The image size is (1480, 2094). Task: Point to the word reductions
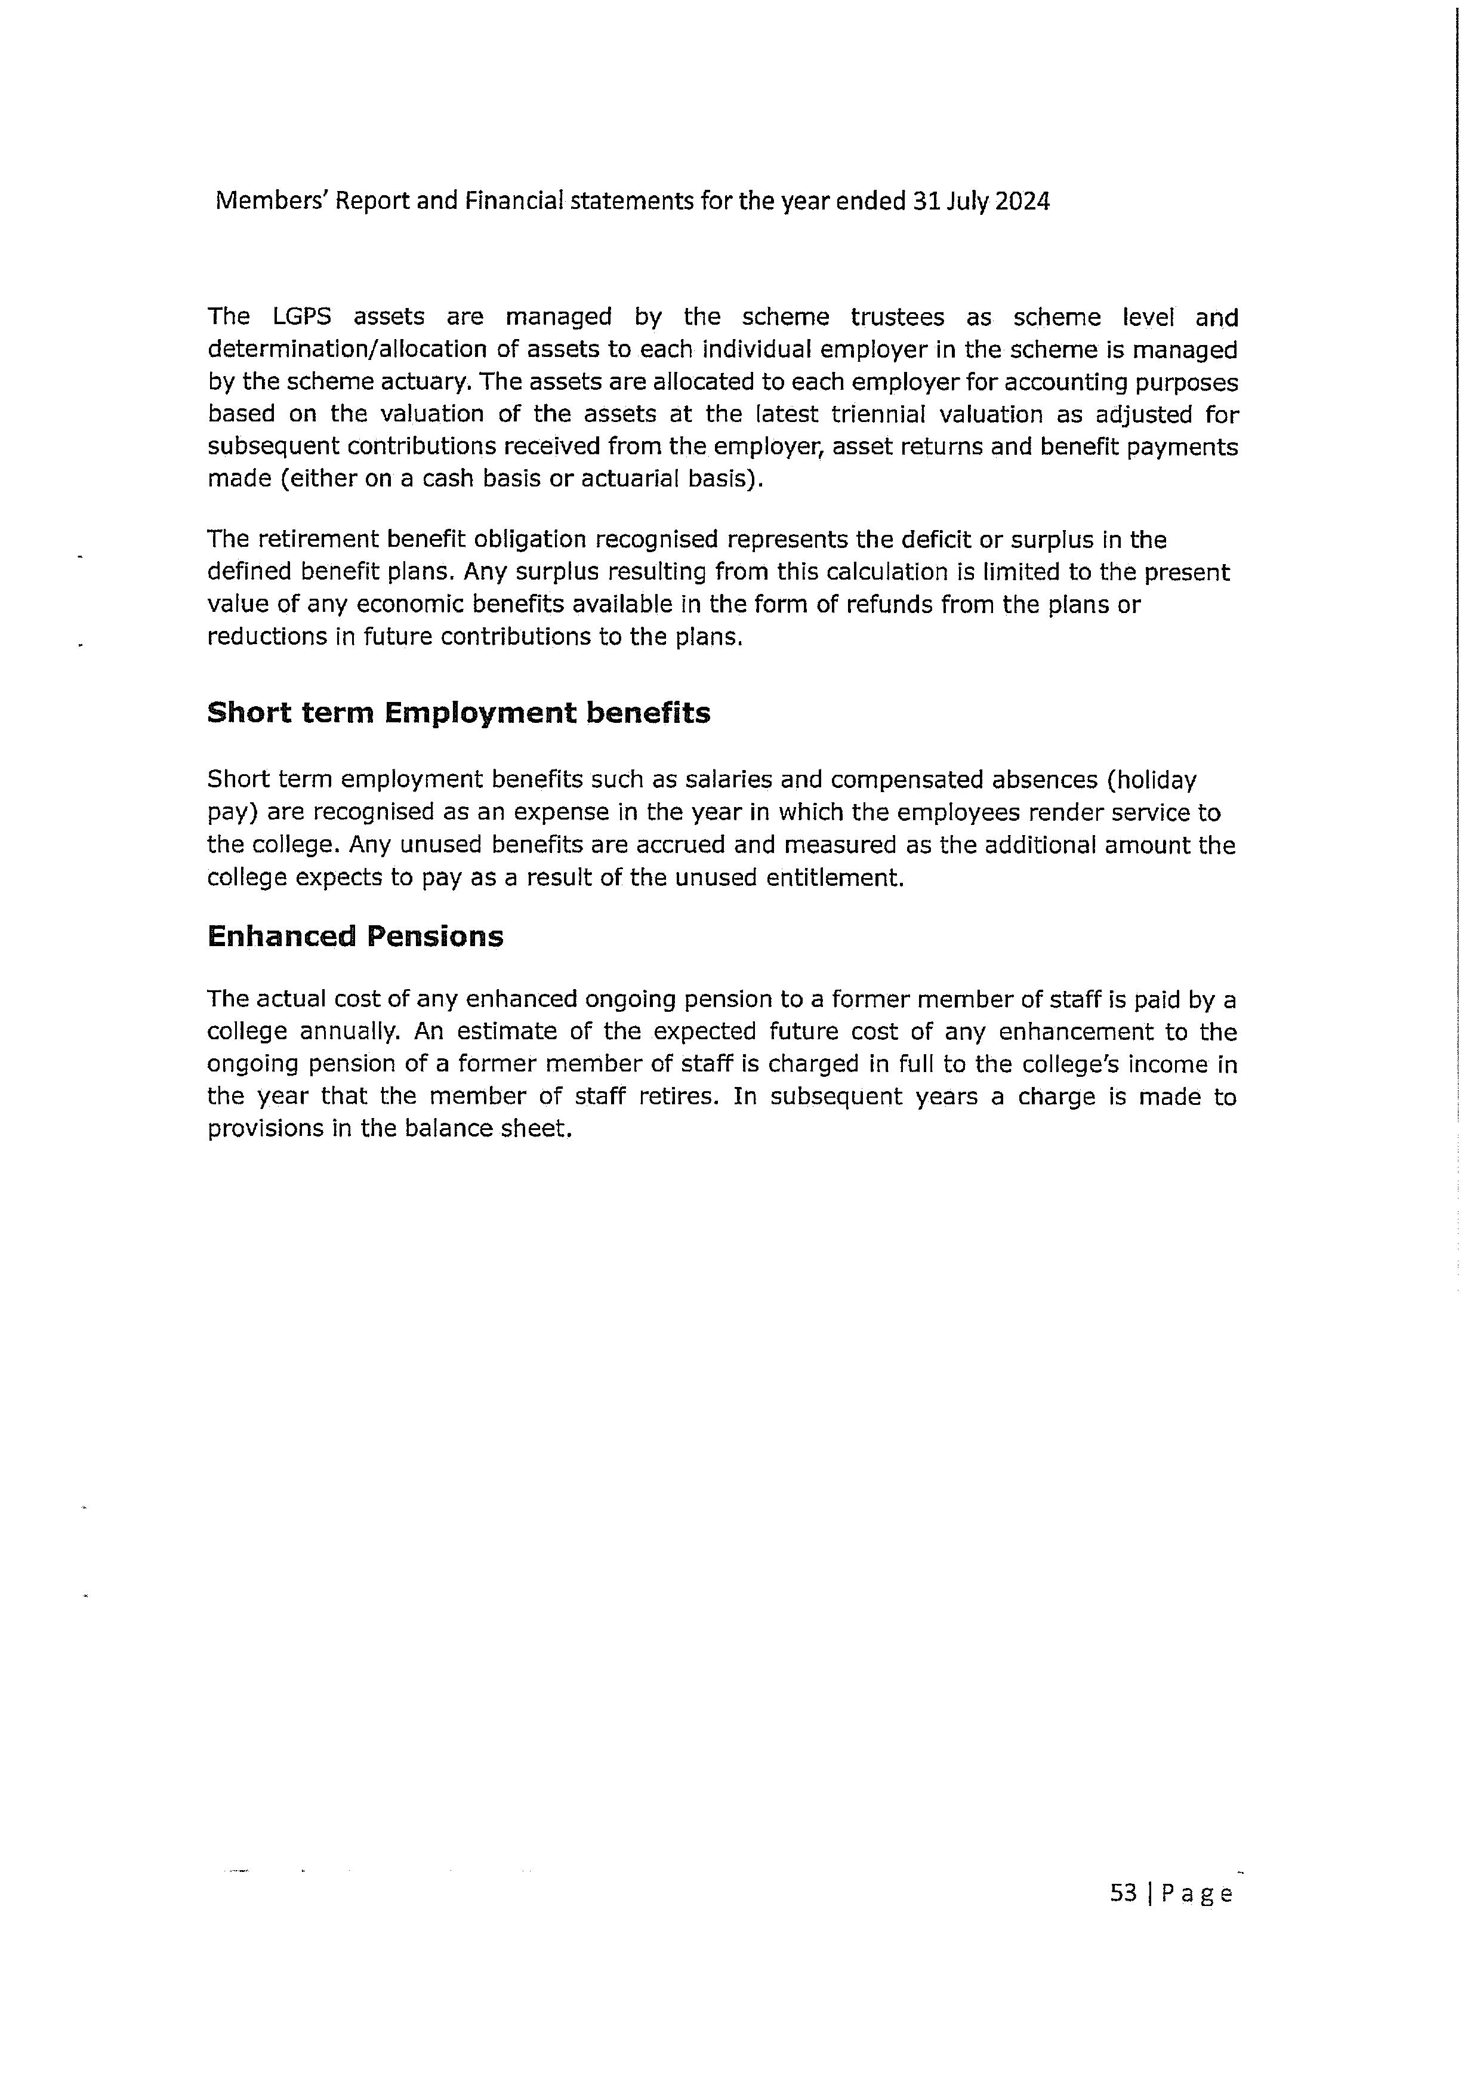coord(263,636)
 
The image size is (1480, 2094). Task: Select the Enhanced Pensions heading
coord(356,936)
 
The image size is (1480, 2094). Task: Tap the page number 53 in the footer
coord(1124,1893)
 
